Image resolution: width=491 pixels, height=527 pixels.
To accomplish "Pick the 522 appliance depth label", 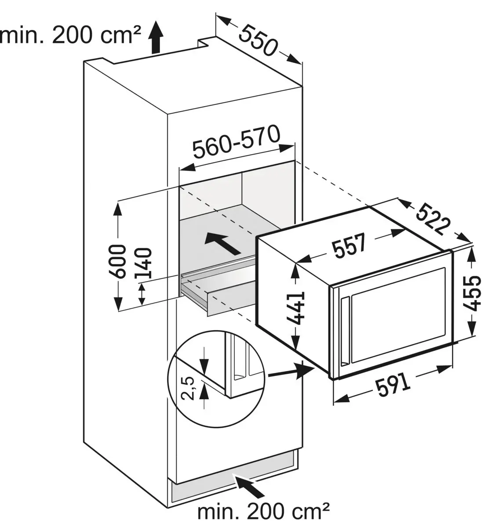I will [433, 218].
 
